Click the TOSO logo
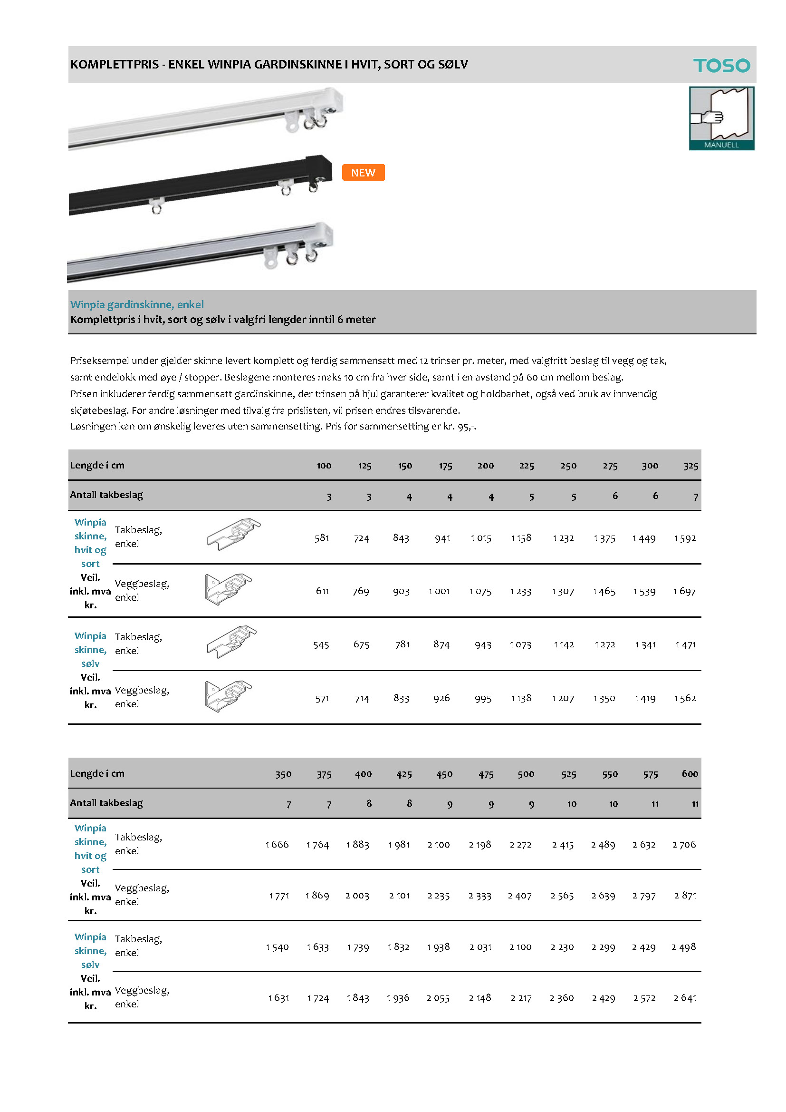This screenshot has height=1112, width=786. coord(721,65)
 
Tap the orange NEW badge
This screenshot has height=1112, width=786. coord(363,173)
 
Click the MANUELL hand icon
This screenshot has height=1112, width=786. coord(721,118)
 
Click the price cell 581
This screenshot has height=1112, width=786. coord(322,538)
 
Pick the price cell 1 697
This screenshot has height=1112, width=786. coord(684,591)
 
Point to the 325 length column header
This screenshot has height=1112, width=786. coord(690,466)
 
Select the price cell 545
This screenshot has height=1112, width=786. coord(321,645)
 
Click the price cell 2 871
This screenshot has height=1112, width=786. coord(685,896)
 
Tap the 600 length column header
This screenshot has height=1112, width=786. coord(690,774)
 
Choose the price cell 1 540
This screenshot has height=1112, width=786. coord(277,947)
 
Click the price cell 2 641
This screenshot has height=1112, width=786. coord(685,998)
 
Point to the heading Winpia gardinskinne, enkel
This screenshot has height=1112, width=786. coord(137,305)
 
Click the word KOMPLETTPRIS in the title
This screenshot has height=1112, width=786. coord(114,64)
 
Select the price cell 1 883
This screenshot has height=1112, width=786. coord(358,845)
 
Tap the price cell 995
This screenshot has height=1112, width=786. coord(483,698)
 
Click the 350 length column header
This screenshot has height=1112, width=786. coord(283,774)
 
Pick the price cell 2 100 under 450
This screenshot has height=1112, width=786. coord(439,845)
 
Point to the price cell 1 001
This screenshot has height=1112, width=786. coord(439,591)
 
